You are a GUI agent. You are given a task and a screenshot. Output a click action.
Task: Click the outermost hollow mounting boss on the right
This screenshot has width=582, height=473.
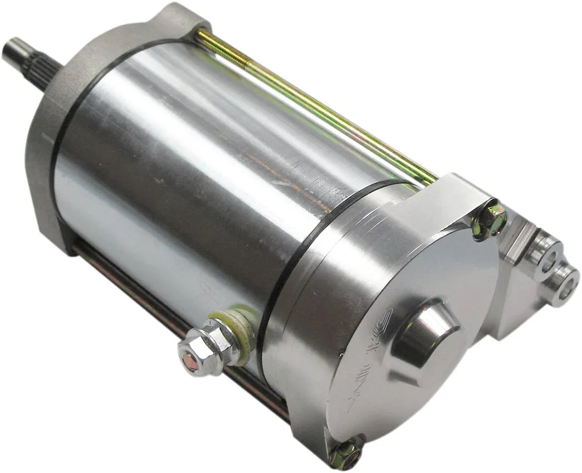(564, 284)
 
